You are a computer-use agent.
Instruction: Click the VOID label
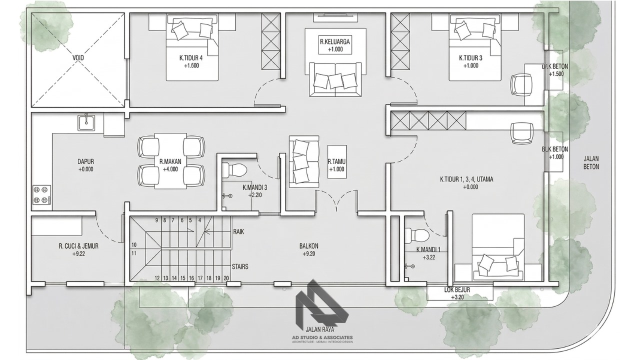tap(78, 58)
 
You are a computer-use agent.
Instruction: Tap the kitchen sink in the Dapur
tap(86, 122)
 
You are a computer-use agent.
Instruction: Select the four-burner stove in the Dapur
tap(41, 194)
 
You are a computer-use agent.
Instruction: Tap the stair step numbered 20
tap(226, 278)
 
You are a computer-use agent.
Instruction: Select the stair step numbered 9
tap(156, 220)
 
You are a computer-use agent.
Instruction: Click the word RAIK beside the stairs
tap(238, 231)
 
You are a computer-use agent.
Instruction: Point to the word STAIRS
tap(240, 267)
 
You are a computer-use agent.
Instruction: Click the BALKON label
tap(308, 246)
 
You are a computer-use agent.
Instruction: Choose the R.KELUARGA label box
tap(335, 45)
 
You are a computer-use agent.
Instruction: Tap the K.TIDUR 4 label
tap(191, 58)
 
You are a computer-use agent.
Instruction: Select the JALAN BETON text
tap(591, 162)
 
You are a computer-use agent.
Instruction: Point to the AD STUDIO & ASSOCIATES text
tap(322, 337)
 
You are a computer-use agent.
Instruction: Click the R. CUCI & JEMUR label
tap(78, 246)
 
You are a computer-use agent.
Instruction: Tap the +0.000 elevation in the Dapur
tap(85, 169)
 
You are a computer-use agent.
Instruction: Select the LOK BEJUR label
tap(457, 289)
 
